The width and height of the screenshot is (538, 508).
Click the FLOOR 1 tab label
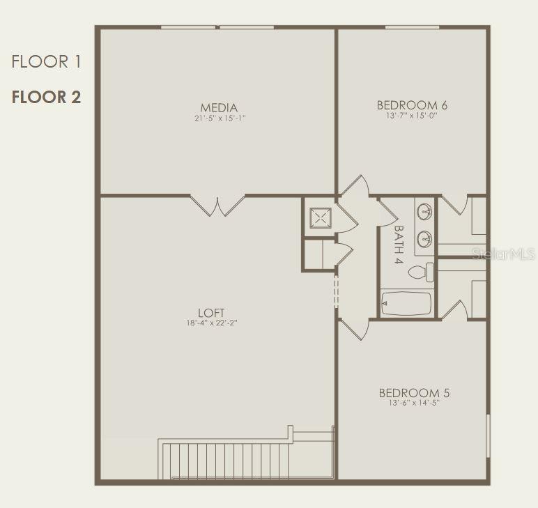(46, 62)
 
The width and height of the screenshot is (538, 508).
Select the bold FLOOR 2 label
(46, 97)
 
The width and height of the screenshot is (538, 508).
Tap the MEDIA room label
(219, 108)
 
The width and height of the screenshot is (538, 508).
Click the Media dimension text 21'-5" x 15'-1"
(220, 118)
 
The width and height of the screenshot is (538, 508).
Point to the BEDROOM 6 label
(412, 105)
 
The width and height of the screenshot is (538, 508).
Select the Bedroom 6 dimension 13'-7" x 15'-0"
(412, 116)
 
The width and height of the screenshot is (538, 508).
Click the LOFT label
(211, 313)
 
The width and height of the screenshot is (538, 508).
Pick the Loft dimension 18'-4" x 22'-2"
(212, 323)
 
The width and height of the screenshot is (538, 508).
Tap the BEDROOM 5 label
(414, 393)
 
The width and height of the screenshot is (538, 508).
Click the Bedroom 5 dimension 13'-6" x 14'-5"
(414, 403)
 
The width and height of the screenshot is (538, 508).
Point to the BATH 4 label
(399, 244)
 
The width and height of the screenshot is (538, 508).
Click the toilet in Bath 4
(421, 272)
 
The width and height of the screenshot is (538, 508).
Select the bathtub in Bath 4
(406, 303)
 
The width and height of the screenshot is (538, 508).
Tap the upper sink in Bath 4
(424, 211)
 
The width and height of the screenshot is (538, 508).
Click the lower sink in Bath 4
(424, 238)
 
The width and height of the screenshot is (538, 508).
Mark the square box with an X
(321, 218)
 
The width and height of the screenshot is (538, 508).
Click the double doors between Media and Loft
(217, 206)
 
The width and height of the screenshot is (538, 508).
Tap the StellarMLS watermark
(503, 254)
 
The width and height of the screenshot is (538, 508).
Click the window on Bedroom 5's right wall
(489, 436)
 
